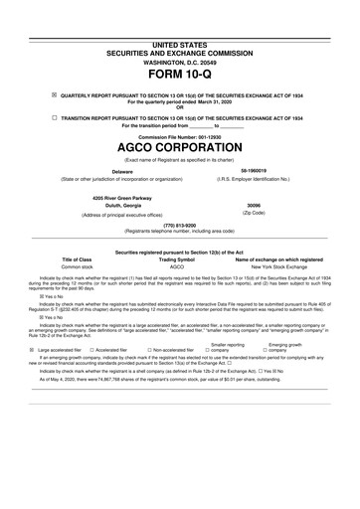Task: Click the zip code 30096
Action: click(x=252, y=206)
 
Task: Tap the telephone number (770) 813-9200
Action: click(x=179, y=226)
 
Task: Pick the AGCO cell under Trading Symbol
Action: click(x=178, y=267)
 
